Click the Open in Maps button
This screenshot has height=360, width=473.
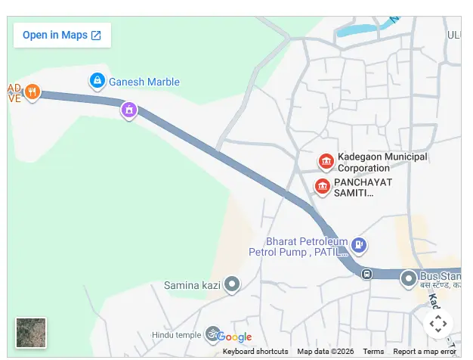[x=62, y=35]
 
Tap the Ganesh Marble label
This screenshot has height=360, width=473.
[x=144, y=82]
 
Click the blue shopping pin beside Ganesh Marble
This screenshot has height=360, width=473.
[x=97, y=80]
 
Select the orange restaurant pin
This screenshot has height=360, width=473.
[x=32, y=92]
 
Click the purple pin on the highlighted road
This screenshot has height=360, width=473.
[x=129, y=110]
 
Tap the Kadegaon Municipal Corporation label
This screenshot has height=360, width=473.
[x=382, y=162]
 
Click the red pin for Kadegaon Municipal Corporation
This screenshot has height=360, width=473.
[x=326, y=161]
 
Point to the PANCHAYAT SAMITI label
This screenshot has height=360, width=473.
[x=364, y=188]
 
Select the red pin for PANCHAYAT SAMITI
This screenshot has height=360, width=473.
[x=323, y=186]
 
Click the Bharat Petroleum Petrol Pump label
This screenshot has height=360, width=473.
[x=298, y=246]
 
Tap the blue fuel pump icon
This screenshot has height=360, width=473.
[x=360, y=245]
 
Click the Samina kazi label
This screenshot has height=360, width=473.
[x=194, y=286]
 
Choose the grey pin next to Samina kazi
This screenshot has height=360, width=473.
[x=233, y=284]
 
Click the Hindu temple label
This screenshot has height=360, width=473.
[x=176, y=335]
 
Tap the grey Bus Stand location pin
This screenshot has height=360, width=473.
[x=409, y=278]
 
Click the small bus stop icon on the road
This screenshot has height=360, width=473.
[x=366, y=274]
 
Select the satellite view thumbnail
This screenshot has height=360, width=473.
[x=31, y=333]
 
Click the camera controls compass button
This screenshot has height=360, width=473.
[x=438, y=324]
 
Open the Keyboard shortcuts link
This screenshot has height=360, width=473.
[x=255, y=352]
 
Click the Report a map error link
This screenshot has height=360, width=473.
[x=425, y=352]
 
